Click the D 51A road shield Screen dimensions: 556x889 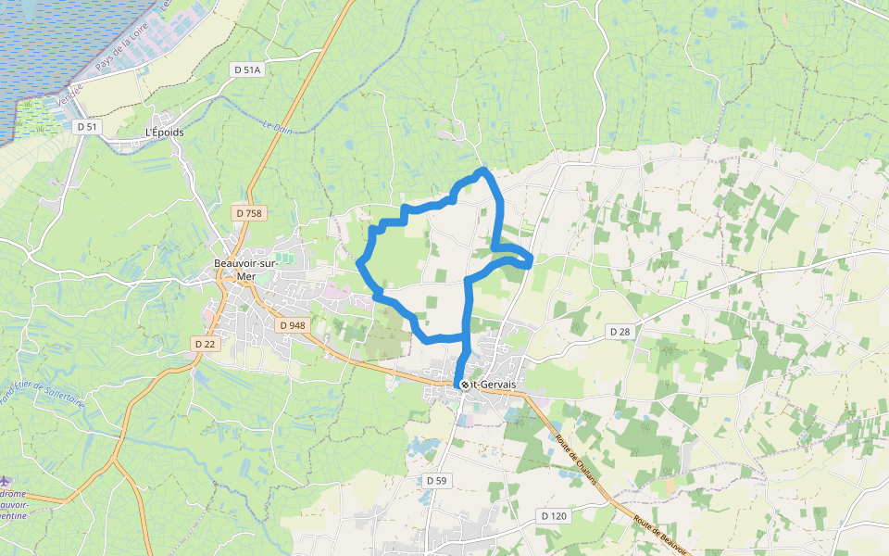click(x=248, y=69)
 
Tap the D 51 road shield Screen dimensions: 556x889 click(x=88, y=125)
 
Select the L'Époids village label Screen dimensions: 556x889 click(x=165, y=133)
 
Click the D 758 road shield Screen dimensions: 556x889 click(x=249, y=213)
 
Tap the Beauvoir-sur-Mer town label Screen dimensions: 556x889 click(x=246, y=269)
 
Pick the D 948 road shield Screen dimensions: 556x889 click(x=291, y=325)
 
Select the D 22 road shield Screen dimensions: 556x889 click(x=205, y=344)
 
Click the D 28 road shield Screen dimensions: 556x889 click(x=620, y=331)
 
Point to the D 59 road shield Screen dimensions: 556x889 click(x=437, y=480)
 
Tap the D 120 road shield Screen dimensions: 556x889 click(x=553, y=515)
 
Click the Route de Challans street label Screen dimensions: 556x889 click(x=577, y=454)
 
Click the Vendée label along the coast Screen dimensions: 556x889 click(x=69, y=94)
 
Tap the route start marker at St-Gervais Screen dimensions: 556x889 click(x=464, y=384)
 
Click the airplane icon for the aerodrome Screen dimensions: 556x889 click(x=6, y=480)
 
